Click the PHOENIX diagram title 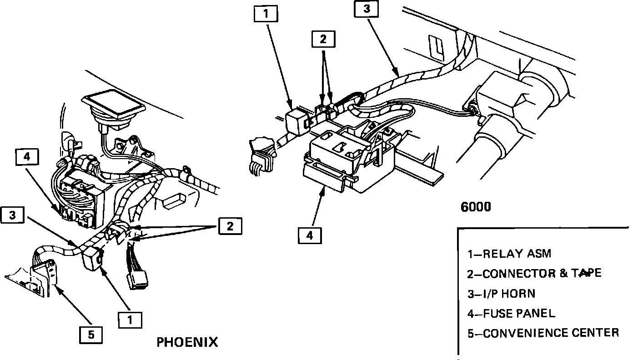click(187, 342)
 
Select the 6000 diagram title click(476, 207)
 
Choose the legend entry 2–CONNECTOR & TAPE click(534, 273)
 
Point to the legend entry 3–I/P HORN click(501, 294)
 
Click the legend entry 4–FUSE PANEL click(511, 313)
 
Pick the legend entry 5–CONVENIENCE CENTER click(543, 333)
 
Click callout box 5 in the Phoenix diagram click(91, 335)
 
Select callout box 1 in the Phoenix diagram click(130, 320)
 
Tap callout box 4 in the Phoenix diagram click(27, 157)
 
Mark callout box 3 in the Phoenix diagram click(13, 215)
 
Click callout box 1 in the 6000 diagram click(266, 15)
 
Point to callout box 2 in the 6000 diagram click(323, 39)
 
